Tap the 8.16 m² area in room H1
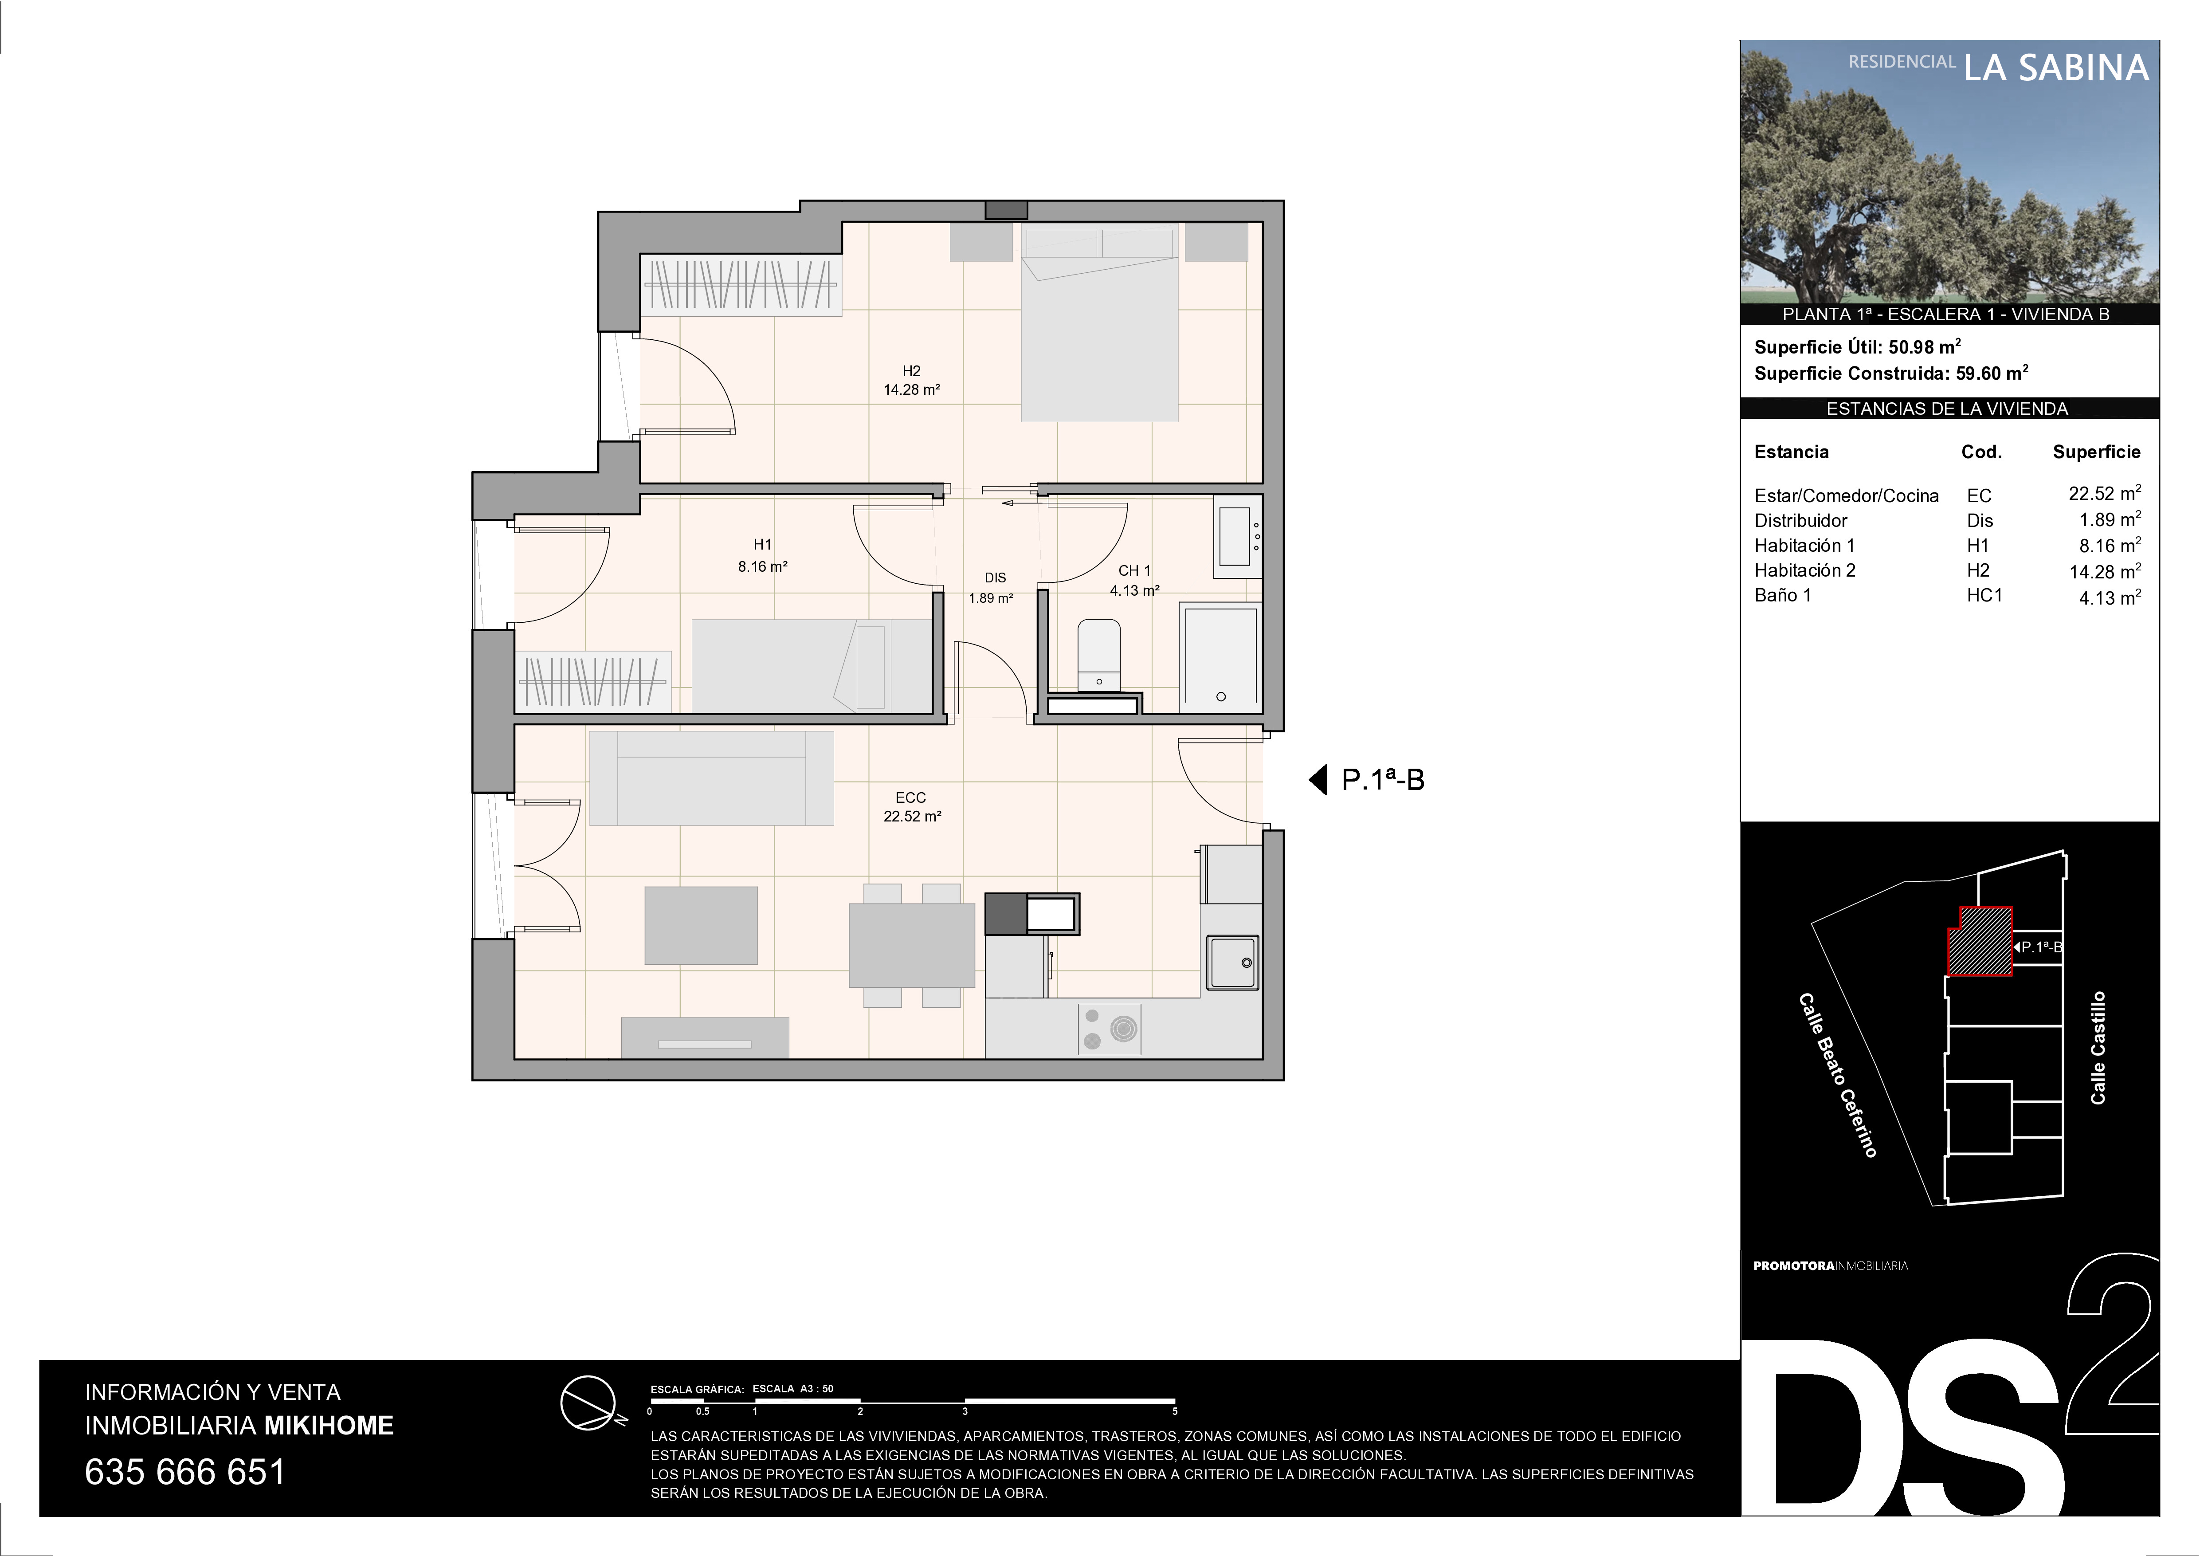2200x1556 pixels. click(763, 566)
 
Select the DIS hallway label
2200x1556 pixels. click(995, 578)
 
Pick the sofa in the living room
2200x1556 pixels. click(711, 778)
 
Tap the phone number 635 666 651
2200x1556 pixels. click(185, 1472)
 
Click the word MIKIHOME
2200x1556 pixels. click(329, 1426)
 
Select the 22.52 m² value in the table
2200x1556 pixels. click(2104, 493)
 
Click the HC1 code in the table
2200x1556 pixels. click(1984, 595)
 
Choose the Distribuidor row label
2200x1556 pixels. click(1800, 520)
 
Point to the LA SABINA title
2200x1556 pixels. click(2055, 68)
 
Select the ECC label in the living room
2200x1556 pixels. click(910, 797)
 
